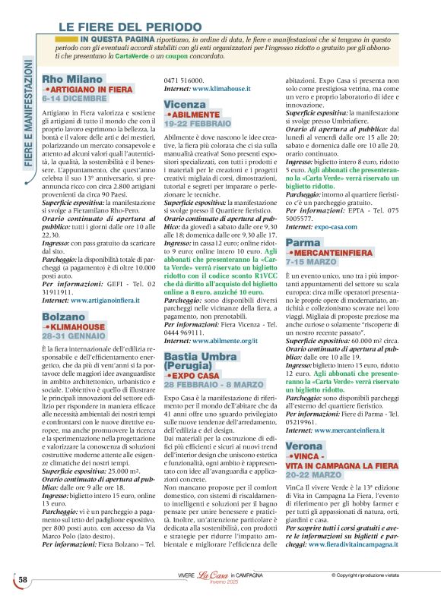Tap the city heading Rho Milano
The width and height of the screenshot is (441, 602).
(71, 79)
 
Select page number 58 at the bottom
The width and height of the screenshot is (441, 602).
(23, 580)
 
